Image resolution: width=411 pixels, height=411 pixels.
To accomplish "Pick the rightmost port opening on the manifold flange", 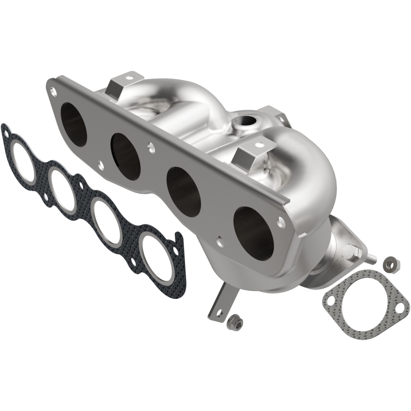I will pyautogui.click(x=253, y=232).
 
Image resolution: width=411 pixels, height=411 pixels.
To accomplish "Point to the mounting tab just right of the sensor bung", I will pyautogui.click(x=268, y=116).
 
